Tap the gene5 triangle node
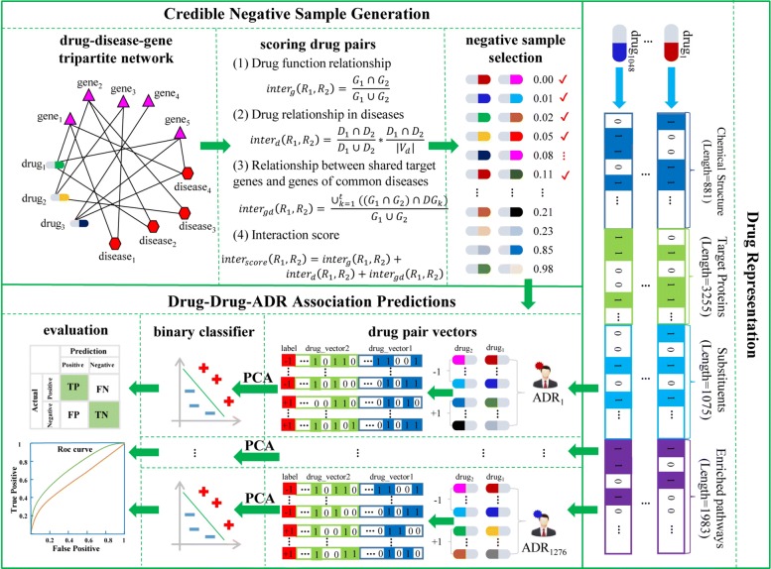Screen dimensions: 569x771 pos(179,121)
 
